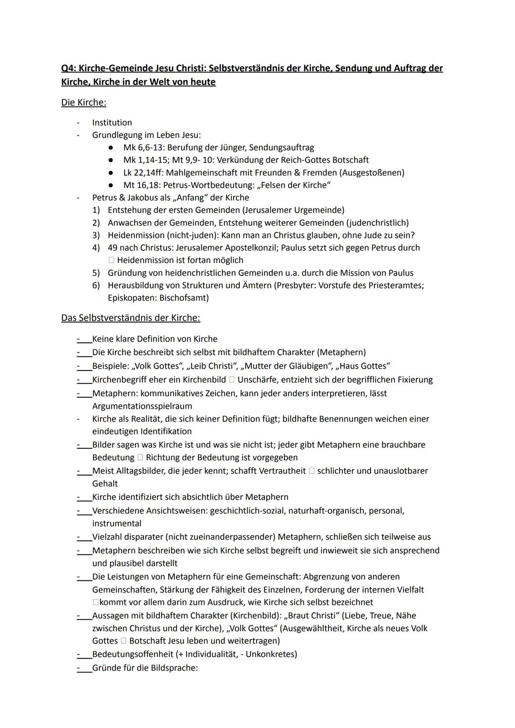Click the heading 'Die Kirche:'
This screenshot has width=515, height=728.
coord(83,103)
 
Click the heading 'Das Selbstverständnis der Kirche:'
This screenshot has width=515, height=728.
coord(131,318)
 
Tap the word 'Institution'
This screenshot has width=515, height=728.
coord(112,123)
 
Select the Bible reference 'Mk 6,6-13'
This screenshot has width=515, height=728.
coord(143,148)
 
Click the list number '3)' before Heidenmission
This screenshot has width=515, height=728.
coord(96,235)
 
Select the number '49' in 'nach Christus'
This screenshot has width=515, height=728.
coord(113,248)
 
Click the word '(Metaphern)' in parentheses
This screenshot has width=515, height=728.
coord(341,352)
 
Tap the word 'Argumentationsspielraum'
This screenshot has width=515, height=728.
coord(142,406)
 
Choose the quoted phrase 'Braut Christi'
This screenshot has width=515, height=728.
coord(312,616)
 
